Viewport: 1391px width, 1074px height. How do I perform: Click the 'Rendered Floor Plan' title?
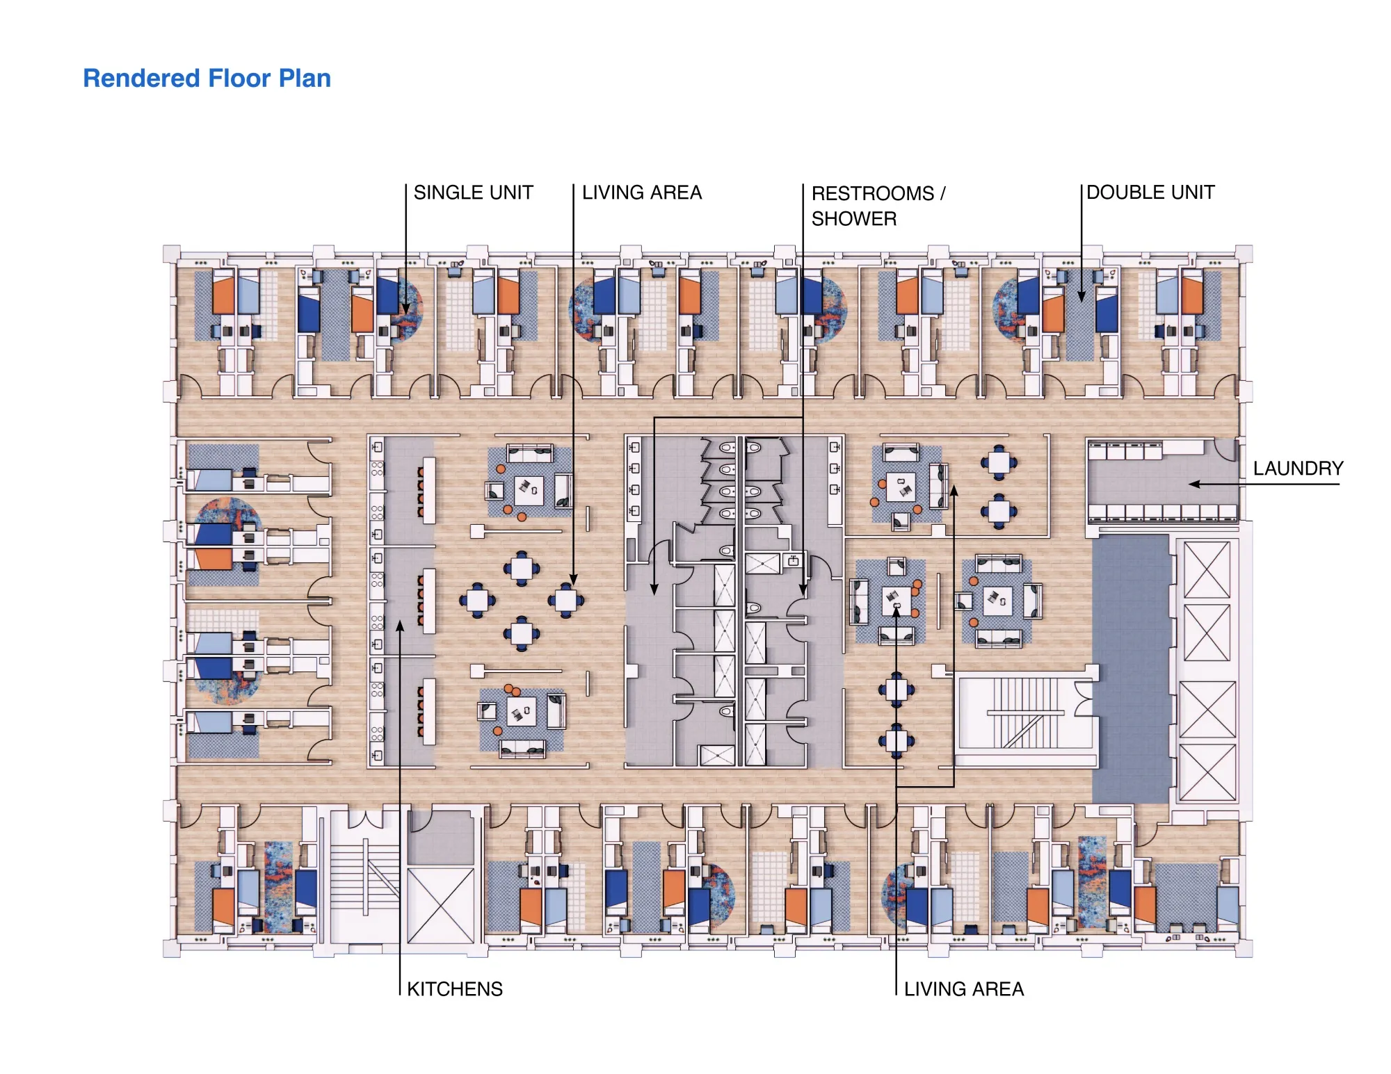pos(207,79)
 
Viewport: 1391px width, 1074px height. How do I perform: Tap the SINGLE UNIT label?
pos(473,193)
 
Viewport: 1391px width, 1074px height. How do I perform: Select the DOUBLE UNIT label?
pos(1150,193)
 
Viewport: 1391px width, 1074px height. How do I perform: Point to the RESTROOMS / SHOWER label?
pos(878,206)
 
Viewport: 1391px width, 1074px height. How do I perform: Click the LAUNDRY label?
pos(1298,469)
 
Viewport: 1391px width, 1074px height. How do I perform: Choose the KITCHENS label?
pos(455,988)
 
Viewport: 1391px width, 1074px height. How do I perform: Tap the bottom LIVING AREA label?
pos(964,988)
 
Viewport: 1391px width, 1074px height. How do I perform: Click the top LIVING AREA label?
pos(641,193)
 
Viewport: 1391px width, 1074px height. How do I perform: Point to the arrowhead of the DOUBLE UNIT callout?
pos(1082,298)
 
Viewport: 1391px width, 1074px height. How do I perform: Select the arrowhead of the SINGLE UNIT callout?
pos(406,309)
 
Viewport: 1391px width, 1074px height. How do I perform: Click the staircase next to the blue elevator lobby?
pos(1025,713)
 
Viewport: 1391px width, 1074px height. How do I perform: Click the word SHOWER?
pos(854,219)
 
